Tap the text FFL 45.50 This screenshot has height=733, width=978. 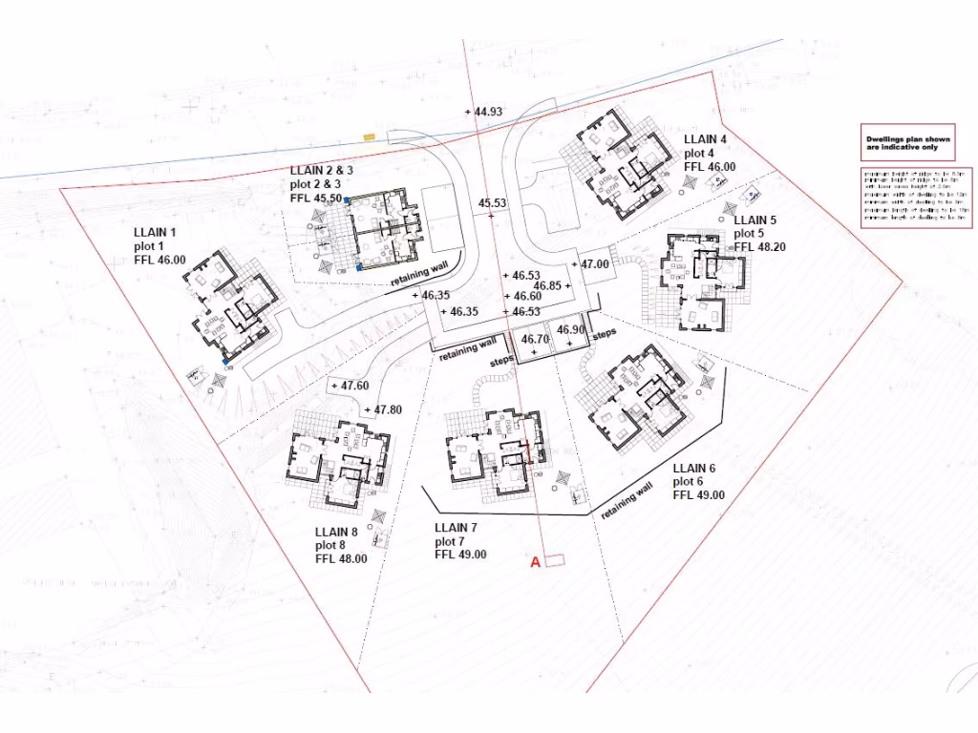click(x=315, y=199)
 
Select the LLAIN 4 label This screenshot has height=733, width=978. click(x=705, y=139)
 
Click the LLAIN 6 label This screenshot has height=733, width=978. click(x=694, y=469)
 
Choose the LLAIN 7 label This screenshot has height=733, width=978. click(x=456, y=528)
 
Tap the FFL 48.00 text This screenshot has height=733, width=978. click(x=341, y=559)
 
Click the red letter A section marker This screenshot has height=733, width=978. click(x=535, y=563)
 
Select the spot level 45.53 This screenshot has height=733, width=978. click(x=493, y=203)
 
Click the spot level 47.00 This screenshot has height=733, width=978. click(x=592, y=263)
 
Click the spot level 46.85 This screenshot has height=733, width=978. click(x=550, y=285)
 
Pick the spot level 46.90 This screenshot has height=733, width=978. click(x=570, y=329)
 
